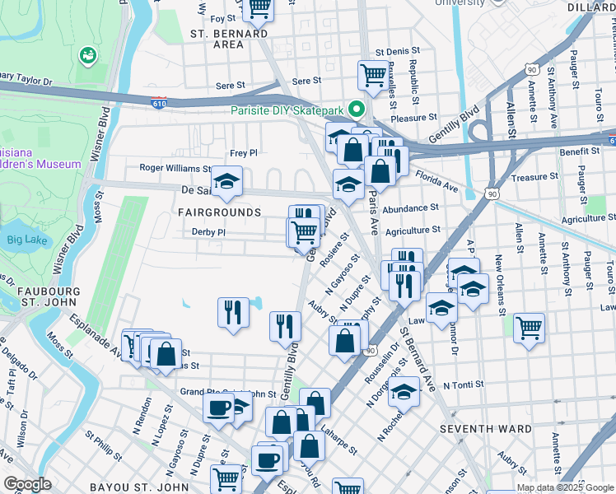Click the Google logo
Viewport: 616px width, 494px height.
click(x=27, y=484)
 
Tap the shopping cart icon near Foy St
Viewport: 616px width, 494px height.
click(x=259, y=7)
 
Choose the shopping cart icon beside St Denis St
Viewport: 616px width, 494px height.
click(x=373, y=75)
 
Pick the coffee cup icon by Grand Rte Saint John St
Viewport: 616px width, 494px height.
click(x=219, y=407)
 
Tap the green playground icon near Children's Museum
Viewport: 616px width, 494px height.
click(x=86, y=55)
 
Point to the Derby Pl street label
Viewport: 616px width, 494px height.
click(x=208, y=232)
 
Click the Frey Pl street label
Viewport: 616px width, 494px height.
click(x=244, y=153)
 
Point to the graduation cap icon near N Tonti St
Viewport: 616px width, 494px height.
click(x=404, y=392)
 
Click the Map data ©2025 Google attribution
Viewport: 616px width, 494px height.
click(x=566, y=487)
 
